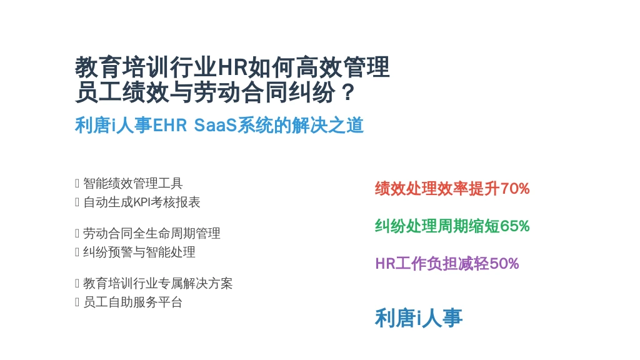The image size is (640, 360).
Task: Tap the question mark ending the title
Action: pos(348,92)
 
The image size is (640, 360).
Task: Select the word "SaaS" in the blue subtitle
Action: pos(215,125)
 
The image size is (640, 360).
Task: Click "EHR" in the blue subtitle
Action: pos(169,125)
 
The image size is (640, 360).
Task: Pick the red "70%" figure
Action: pos(515,189)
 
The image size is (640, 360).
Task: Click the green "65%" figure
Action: pos(515,226)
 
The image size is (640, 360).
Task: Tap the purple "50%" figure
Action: pos(504,264)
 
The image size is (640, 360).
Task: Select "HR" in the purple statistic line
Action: pos(385,264)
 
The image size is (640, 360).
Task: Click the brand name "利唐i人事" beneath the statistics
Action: pos(419,318)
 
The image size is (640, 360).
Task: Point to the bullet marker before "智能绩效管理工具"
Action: pos(77,183)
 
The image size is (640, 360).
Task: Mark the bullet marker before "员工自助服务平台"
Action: pos(77,302)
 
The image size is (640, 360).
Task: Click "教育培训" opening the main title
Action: pos(122,67)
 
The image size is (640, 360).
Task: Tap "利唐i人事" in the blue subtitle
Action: pos(114,125)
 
